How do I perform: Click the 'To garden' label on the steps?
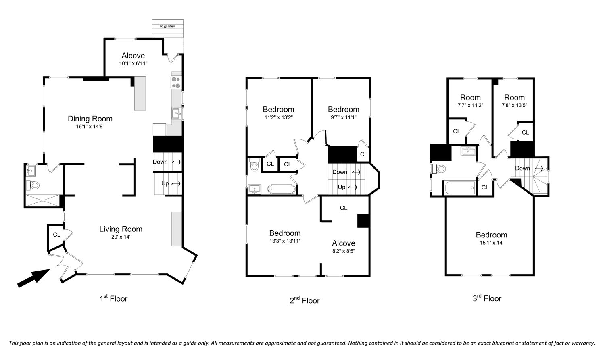[167, 26]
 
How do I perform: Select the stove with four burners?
[176, 82]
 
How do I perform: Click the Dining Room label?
[90, 119]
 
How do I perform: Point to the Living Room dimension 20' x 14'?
[121, 237]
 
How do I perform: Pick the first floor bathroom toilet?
[33, 185]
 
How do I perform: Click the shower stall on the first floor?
[42, 200]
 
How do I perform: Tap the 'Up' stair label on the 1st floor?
[165, 183]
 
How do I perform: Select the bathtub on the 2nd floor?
[282, 189]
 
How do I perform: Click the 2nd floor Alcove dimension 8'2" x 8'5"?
[344, 251]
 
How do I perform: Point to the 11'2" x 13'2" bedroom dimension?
[278, 117]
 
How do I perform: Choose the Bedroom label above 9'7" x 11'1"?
[344, 109]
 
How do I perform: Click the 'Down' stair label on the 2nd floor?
[340, 172]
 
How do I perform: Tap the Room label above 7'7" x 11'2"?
[470, 98]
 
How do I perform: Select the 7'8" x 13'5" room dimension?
[514, 105]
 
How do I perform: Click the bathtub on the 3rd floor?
[460, 187]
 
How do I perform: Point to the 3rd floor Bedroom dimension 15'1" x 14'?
[492, 243]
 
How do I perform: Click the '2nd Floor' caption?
[305, 300]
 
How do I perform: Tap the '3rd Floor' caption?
[487, 298]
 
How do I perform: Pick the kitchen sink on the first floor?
[177, 113]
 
